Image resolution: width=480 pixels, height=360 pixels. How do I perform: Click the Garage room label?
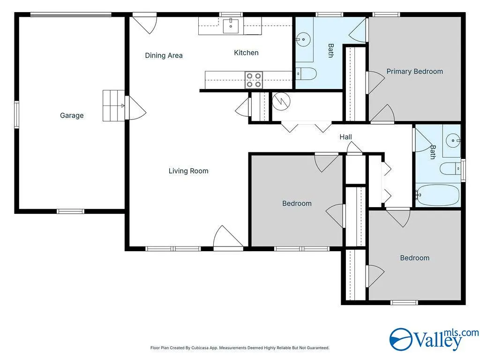pos(72,115)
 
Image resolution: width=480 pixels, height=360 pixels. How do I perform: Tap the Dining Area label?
pos(164,55)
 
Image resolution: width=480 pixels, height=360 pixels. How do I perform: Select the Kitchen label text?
pos(246,52)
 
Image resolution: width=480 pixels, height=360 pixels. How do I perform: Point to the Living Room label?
pos(188,171)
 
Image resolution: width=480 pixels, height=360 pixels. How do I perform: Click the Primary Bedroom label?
pos(414,71)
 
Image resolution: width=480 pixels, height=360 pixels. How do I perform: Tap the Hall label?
pos(345,137)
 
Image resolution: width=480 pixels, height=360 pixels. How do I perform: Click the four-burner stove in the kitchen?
pos(254,80)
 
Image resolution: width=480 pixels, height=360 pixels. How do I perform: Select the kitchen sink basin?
pos(231,26)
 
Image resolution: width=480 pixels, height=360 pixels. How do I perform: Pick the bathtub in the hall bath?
pos(438,195)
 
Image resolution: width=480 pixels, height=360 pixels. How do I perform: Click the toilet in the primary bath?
pos(306,74)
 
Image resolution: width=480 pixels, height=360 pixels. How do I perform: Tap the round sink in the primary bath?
pos(303,39)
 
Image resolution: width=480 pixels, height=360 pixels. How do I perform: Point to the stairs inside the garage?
pos(113,105)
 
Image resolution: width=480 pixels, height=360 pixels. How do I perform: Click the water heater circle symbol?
pos(281,101)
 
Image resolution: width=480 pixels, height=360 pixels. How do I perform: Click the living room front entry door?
pos(228,238)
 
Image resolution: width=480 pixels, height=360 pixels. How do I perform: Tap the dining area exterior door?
pos(145,23)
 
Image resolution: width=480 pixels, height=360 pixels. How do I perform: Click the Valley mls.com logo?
pos(434,339)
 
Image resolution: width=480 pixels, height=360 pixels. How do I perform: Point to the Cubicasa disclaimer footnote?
pos(240,348)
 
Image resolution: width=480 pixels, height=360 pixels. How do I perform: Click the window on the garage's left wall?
pos(16,114)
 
